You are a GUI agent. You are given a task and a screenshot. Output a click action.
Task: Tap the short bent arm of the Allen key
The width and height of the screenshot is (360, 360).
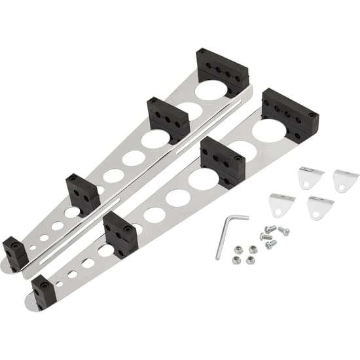pyautogui.click(x=239, y=217)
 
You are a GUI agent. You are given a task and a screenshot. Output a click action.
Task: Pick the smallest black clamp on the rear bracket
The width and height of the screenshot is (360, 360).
pyautogui.click(x=15, y=253)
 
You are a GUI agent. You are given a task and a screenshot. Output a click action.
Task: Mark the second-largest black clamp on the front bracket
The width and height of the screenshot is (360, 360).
pyautogui.click(x=223, y=161)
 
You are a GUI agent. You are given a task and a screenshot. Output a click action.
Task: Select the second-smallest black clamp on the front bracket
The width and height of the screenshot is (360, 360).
pyautogui.click(x=120, y=233)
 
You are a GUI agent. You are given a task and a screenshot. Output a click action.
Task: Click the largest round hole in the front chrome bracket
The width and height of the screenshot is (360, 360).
pyautogui.click(x=270, y=131)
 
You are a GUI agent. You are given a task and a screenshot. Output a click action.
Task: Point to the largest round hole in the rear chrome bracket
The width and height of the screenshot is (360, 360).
pyautogui.click(x=211, y=90)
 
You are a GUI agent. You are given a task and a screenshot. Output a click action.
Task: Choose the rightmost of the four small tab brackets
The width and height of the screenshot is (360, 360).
pyautogui.click(x=345, y=179)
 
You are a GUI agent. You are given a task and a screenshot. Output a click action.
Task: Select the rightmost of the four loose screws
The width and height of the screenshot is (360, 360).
pyautogui.click(x=283, y=230)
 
